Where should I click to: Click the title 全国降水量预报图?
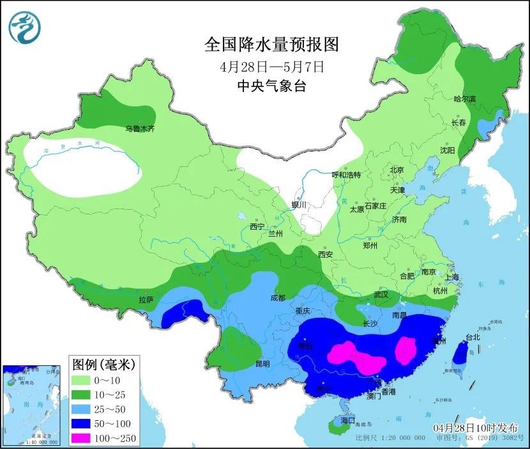[x=271, y=45]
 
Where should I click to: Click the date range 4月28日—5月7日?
[x=271, y=66]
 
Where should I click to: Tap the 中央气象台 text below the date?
[x=271, y=86]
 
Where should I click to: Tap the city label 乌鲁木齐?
[x=140, y=129]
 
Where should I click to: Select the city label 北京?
[x=397, y=170]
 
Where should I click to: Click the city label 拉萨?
[x=146, y=299]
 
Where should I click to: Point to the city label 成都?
[x=278, y=297]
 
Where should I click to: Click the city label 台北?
[x=472, y=337]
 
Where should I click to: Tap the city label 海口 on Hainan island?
[x=347, y=420]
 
